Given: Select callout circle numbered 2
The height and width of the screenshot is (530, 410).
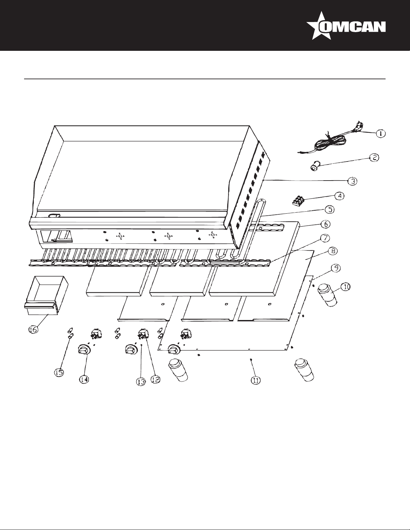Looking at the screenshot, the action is coord(374,158).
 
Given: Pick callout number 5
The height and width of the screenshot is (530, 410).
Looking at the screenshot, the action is coord(329,210).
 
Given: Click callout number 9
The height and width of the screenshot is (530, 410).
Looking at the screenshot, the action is coord(336,268).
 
